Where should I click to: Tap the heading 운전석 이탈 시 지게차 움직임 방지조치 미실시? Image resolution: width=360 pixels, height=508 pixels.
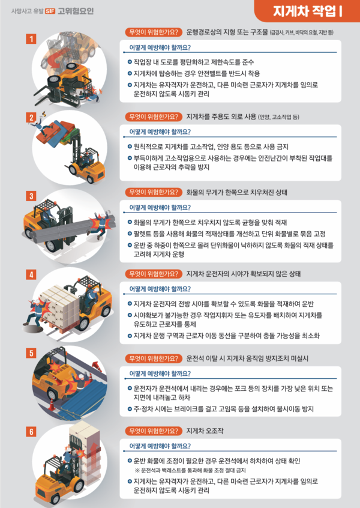[247, 358]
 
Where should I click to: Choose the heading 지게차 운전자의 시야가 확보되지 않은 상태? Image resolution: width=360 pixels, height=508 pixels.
[243, 274]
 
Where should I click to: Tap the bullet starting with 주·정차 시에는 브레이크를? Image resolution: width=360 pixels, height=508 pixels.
[228, 410]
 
